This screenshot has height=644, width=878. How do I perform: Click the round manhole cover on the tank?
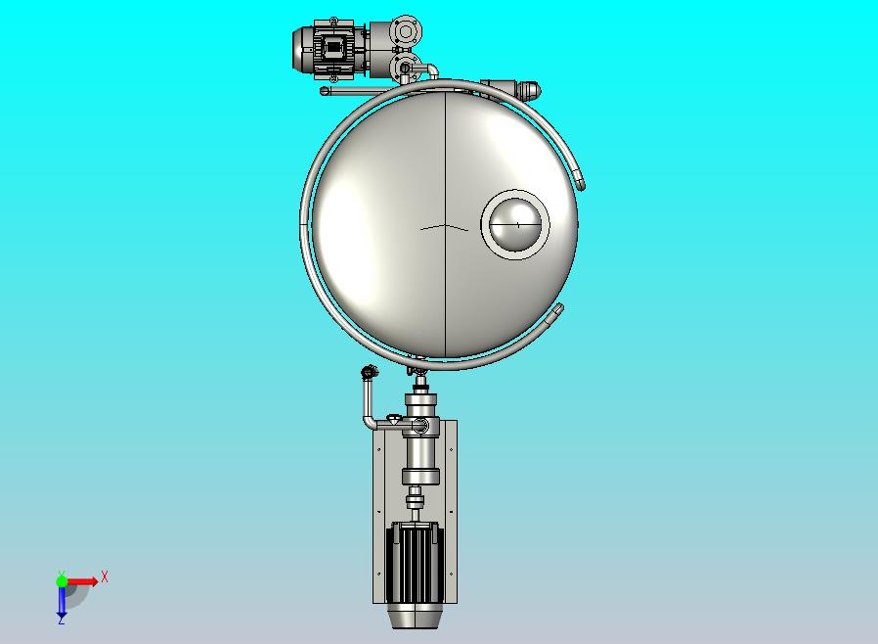click(515, 224)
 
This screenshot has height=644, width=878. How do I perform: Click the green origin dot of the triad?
click(62, 581)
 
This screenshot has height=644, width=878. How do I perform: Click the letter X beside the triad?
click(105, 576)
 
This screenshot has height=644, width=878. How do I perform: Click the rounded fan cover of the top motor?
click(302, 49)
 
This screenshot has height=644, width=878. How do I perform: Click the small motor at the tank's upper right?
click(510, 90)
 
